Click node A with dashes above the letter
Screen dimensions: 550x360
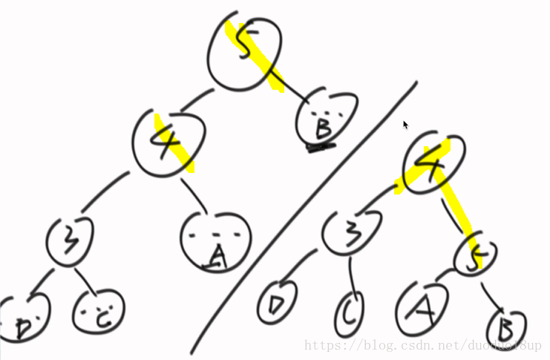click(x=215, y=240)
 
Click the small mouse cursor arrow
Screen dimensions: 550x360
click(x=405, y=125)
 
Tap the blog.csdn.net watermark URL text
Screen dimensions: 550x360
click(x=423, y=346)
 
